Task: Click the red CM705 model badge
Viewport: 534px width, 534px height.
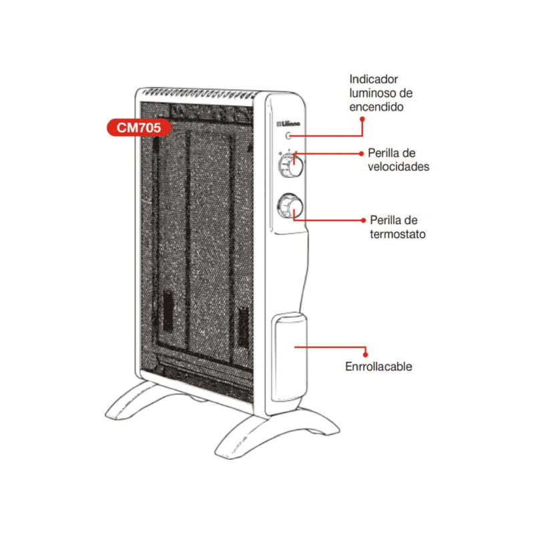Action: [139, 127]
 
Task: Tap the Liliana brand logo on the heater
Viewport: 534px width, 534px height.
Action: [288, 123]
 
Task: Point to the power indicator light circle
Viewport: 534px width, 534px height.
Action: [288, 136]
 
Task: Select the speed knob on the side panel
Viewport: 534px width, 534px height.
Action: [290, 166]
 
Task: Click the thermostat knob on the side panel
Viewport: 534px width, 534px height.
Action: [290, 206]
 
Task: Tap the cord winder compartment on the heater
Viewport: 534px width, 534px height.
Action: [289, 357]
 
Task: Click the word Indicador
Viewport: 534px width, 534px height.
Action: [374, 79]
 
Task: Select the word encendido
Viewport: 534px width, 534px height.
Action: [376, 107]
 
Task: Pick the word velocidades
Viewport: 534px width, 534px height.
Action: [398, 166]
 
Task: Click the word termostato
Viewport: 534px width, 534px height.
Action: [398, 234]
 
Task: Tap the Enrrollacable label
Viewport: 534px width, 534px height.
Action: [378, 366]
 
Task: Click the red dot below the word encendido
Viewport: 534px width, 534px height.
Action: [362, 119]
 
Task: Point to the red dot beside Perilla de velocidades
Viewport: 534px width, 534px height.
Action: [361, 154]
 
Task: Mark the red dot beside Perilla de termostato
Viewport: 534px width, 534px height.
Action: [363, 220]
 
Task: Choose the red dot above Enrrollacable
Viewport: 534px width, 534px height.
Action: [365, 355]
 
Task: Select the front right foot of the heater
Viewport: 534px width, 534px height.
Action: [272, 433]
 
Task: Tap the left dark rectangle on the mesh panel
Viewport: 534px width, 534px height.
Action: [168, 310]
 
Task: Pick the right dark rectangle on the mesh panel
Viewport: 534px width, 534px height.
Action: [244, 327]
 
